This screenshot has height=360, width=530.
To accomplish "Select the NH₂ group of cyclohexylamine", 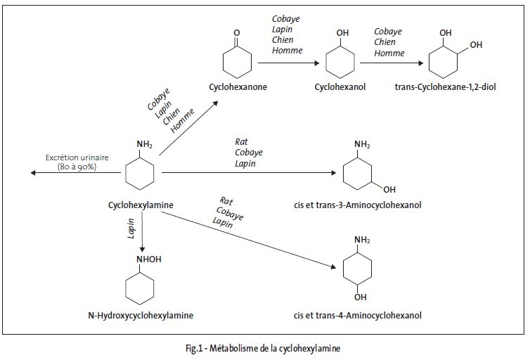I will (x=144, y=145).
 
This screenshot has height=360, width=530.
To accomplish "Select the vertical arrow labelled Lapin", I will (x=143, y=231).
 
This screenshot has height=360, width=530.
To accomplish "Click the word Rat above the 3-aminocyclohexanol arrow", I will (x=241, y=142).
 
